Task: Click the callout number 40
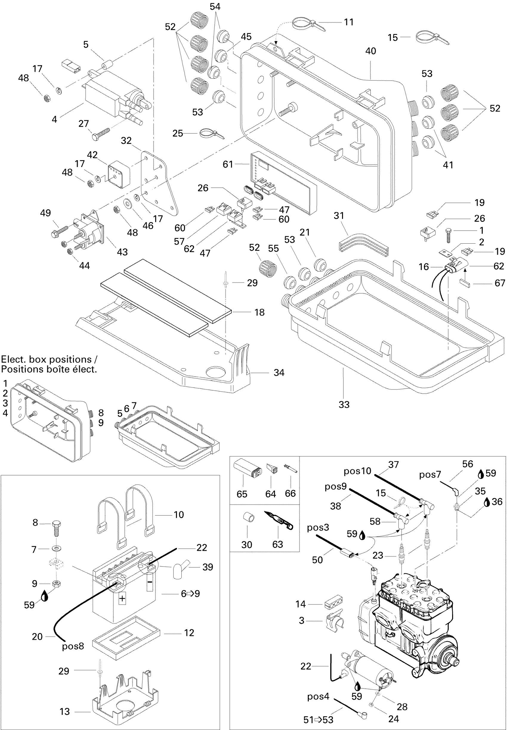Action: click(x=370, y=51)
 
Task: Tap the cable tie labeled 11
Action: click(x=308, y=24)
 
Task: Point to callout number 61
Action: click(x=228, y=164)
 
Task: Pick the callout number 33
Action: click(x=344, y=404)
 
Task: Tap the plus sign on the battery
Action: click(x=122, y=598)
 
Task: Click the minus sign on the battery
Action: click(x=150, y=582)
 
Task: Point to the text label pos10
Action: click(x=357, y=471)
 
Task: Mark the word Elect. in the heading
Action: click(x=14, y=359)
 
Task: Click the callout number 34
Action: click(x=279, y=373)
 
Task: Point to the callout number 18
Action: click(x=259, y=312)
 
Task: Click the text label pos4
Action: click(x=318, y=697)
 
